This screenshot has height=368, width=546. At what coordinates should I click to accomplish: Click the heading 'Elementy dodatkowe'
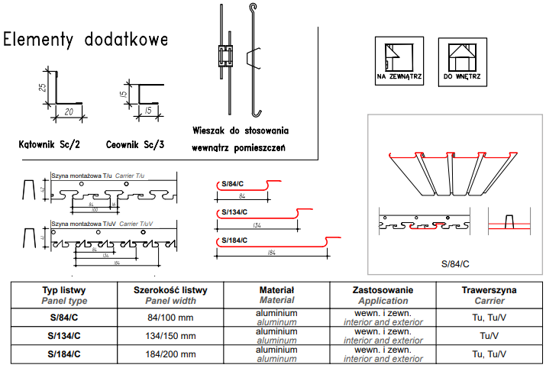pyautogui.click(x=86, y=39)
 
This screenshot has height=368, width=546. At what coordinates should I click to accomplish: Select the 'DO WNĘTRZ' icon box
pyautogui.click(x=461, y=60)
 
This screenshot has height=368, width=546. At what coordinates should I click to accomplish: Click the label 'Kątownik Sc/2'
pyautogui.click(x=50, y=144)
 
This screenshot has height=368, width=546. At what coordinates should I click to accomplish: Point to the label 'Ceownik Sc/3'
pyautogui.click(x=135, y=144)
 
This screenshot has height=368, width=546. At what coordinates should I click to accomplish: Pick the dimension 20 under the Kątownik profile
pyautogui.click(x=70, y=111)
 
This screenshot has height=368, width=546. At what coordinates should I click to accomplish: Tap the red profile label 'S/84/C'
pyautogui.click(x=232, y=184)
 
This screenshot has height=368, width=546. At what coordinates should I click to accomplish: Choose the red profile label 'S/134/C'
pyautogui.click(x=234, y=212)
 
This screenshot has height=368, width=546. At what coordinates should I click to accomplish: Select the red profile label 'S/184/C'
pyautogui.click(x=234, y=241)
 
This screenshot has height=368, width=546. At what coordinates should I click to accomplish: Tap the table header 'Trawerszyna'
pyautogui.click(x=489, y=290)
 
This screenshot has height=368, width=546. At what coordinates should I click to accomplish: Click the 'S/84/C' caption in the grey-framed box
pyautogui.click(x=454, y=264)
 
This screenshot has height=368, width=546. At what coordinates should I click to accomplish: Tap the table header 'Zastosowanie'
pyautogui.click(x=383, y=290)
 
